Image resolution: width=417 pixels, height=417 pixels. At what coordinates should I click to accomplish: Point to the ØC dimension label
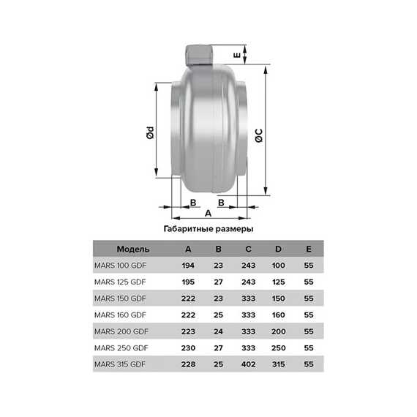[x=258, y=134]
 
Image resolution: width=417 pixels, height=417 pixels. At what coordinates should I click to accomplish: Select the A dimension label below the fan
[x=208, y=214]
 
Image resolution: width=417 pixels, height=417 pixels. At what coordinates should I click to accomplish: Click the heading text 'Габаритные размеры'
[x=209, y=230]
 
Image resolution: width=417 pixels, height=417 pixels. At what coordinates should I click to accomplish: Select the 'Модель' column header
[x=133, y=249]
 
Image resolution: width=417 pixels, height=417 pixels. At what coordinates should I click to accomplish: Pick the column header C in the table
[x=249, y=249]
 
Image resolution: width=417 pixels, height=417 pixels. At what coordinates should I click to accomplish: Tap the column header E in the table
[x=308, y=249]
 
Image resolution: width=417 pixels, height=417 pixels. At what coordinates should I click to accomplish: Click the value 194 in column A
[x=189, y=265]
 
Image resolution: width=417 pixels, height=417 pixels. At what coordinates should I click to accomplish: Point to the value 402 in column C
[x=249, y=364]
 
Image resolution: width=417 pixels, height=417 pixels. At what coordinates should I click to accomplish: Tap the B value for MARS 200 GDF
[x=219, y=331]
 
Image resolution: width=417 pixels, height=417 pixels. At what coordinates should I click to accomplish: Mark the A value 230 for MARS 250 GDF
[x=189, y=348]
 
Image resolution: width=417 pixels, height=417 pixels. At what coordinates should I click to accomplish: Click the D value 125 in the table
[x=279, y=282]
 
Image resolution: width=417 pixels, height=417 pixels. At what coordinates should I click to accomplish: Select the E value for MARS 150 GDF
[x=308, y=298]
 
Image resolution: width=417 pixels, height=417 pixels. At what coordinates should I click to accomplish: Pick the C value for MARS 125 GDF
[x=249, y=282]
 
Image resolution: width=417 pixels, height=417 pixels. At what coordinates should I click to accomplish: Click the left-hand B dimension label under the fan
[x=192, y=201]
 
